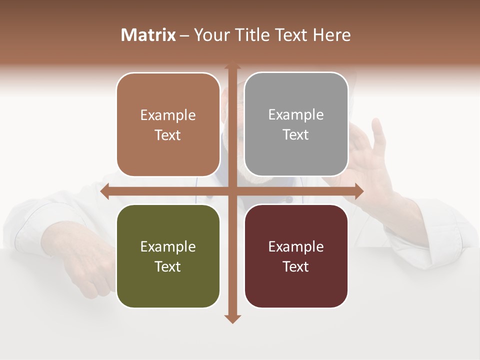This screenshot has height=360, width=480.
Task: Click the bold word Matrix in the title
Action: click(x=148, y=35)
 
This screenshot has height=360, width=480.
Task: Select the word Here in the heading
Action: click(x=331, y=35)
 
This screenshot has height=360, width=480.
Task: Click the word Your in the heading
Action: click(x=210, y=35)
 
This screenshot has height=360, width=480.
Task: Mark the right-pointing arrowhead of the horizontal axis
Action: click(x=358, y=191)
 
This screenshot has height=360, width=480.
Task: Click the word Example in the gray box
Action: click(x=296, y=115)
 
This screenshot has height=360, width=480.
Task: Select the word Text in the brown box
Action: click(x=168, y=135)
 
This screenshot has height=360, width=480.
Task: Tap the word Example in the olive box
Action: click(x=168, y=246)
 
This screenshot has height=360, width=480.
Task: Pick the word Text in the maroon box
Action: click(x=296, y=266)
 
